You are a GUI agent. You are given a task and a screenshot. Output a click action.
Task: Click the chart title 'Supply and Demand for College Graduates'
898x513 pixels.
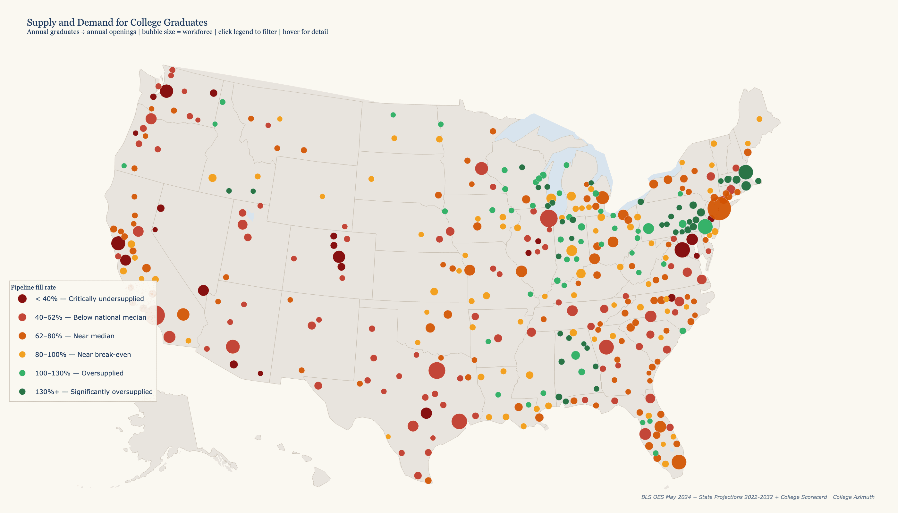tap(117, 22)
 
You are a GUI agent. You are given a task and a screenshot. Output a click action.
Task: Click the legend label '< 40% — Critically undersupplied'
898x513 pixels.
tap(89, 299)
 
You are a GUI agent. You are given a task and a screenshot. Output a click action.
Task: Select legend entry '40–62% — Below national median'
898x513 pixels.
tap(90, 317)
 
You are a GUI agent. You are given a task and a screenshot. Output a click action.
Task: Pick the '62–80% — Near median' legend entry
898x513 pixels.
tap(74, 336)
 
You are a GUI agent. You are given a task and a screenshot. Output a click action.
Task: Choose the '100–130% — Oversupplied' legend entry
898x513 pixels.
tap(79, 374)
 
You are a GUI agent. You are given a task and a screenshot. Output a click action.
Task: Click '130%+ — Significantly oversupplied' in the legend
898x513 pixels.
tap(94, 392)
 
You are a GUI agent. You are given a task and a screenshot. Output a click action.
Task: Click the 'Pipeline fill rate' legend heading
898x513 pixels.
tap(33, 288)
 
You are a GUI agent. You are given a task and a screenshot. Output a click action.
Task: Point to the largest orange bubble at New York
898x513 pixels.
tap(719, 208)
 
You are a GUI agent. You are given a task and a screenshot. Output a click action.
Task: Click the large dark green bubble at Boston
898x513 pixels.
tap(745, 172)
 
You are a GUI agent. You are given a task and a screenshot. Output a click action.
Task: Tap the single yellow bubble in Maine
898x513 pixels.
tap(759, 119)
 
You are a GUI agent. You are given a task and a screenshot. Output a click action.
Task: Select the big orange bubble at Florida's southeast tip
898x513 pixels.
tap(679, 462)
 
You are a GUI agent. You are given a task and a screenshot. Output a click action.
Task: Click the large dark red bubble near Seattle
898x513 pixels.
tap(166, 91)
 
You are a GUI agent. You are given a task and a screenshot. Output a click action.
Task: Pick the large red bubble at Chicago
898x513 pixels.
tap(548, 218)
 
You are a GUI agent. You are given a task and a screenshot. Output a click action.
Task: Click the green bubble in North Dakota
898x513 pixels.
tap(393, 115)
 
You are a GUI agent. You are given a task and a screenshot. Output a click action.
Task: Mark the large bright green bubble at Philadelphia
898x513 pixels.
tap(705, 227)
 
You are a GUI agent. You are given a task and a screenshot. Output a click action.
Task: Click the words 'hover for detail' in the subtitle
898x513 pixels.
tap(305, 32)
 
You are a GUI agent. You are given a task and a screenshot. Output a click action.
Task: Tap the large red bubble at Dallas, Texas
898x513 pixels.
tap(437, 370)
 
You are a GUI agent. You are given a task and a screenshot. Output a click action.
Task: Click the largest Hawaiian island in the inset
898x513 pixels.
tap(320, 477)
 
